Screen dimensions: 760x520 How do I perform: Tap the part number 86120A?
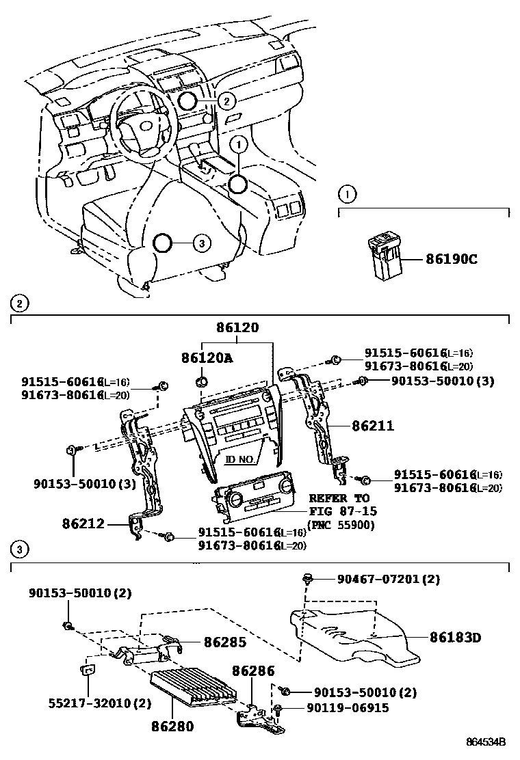(x=206, y=357)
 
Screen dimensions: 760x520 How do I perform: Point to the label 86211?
(x=373, y=426)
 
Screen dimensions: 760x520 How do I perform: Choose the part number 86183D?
(x=456, y=638)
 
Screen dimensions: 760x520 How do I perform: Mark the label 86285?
(x=225, y=642)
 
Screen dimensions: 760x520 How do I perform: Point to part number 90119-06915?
(x=348, y=708)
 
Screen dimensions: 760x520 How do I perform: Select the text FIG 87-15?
(x=343, y=511)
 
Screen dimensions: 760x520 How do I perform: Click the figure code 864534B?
(x=486, y=742)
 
